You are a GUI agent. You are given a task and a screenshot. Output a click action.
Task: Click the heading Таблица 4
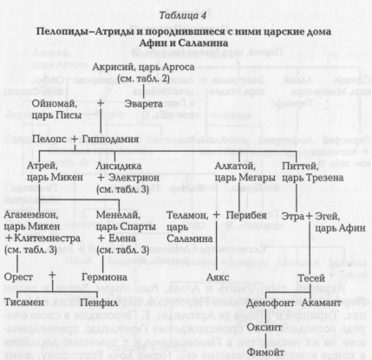point(183,16)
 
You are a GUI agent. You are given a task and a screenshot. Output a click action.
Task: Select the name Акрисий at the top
point(114,67)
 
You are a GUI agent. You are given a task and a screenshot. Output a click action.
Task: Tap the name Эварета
point(144,104)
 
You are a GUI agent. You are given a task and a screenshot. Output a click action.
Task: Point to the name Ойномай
point(55,103)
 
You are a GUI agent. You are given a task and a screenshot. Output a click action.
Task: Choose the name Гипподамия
point(110,139)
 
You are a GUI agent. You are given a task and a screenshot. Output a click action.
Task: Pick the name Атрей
point(42,167)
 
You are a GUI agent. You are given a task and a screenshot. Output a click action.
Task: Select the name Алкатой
point(235,167)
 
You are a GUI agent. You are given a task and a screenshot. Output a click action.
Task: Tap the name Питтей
point(300,167)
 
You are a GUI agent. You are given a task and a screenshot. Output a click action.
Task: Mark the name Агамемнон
point(31,215)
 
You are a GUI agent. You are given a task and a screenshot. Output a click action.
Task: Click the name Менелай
point(118,215)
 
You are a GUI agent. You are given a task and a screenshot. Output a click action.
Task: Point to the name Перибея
point(246,215)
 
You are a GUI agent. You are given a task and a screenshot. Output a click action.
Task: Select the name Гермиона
point(104,277)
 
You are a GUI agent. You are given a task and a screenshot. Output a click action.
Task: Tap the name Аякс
point(218,278)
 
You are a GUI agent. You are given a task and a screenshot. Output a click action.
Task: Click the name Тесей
point(311,278)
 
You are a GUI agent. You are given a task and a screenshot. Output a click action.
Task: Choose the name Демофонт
point(271,303)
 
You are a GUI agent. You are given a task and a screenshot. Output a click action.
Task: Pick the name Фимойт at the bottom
point(265,352)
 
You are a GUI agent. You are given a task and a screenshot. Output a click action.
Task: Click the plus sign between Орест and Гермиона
point(52,275)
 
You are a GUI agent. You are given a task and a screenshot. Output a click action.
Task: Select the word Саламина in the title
point(203,43)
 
